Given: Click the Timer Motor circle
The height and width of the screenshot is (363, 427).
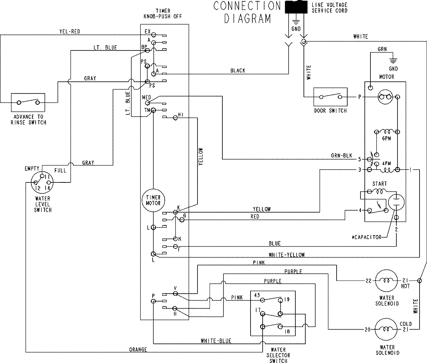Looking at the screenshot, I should coord(153,200).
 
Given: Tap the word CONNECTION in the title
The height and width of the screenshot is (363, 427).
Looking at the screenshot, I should coord(247,6).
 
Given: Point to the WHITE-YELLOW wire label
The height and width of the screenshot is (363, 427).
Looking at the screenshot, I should coord(287,255).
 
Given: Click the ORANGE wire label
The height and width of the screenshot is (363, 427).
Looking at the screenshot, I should coord(138,349).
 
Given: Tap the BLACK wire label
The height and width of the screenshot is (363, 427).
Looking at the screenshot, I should coord(237,71).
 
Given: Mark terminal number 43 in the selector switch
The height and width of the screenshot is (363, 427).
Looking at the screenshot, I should coord(257,295).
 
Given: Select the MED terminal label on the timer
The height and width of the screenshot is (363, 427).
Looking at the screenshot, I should coord(146,97).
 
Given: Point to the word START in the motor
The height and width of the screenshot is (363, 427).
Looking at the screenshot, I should coord(379,184).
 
